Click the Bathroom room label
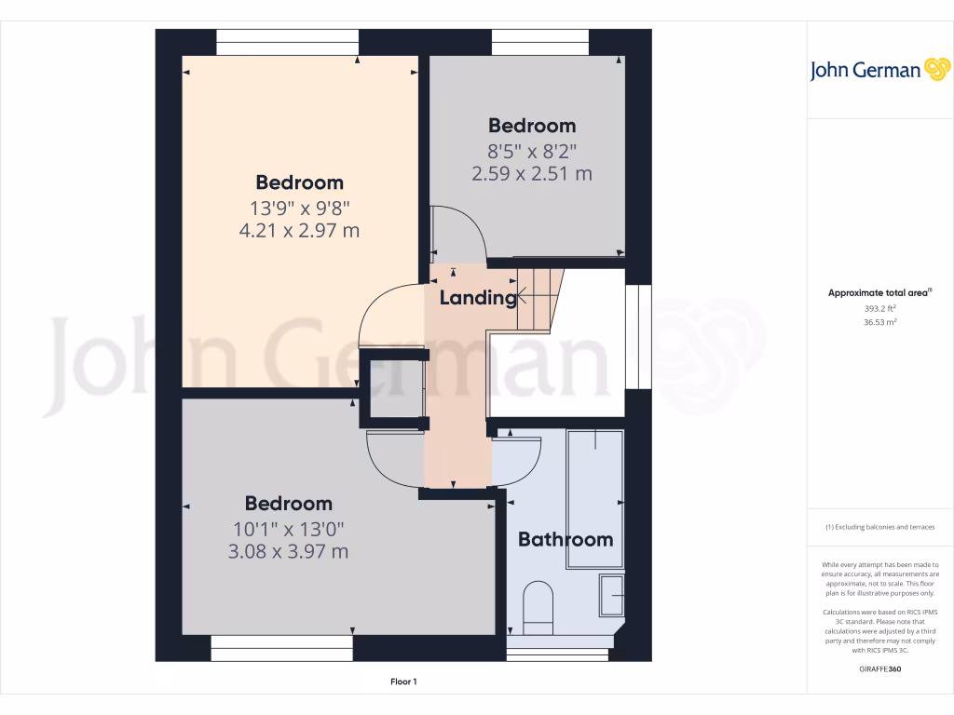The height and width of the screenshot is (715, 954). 566,539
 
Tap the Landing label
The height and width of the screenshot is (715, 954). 477,298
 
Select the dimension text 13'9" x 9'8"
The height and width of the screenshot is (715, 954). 299,207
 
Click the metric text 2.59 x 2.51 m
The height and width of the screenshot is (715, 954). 532,173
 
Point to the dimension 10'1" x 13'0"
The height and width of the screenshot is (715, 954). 288,528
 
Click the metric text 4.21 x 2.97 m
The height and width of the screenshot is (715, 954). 299,230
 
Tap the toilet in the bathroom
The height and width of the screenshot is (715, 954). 538,603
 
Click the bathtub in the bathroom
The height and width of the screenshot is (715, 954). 594,498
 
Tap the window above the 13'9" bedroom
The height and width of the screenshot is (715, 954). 287,42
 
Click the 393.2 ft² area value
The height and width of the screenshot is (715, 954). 879,307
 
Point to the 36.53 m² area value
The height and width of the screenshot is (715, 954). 879,322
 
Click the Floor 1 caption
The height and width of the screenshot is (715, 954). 403,682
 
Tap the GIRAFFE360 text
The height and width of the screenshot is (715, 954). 879,668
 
